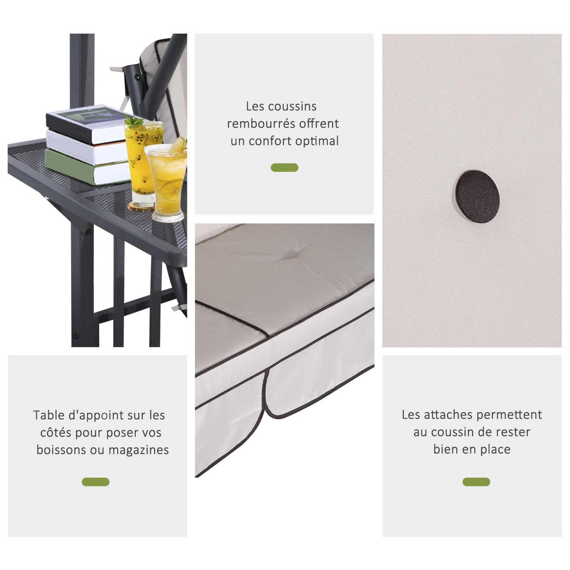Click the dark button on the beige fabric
[x=477, y=196]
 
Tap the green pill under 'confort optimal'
[x=284, y=168]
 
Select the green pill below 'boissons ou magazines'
[x=95, y=482]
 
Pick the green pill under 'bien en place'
[x=476, y=482]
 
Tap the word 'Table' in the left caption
[x=48, y=415]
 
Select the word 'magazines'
[x=139, y=450]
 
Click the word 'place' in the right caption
[x=495, y=450]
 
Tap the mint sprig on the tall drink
[x=133, y=121]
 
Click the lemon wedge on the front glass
[x=178, y=145]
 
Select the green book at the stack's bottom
[x=86, y=167]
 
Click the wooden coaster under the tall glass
[x=142, y=207]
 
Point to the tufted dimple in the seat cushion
[x=291, y=254]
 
